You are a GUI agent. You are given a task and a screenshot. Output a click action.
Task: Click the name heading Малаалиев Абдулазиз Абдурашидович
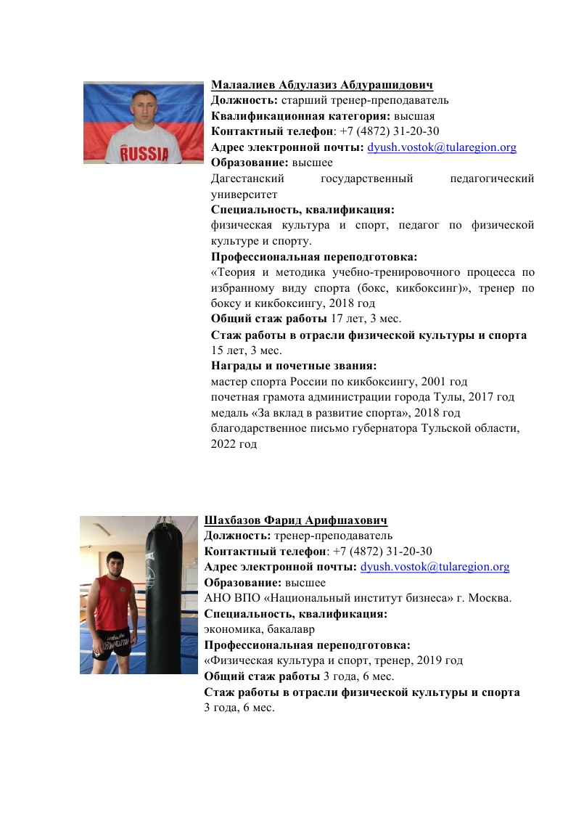(322, 86)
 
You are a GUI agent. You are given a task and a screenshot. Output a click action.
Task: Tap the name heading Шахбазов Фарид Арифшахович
(296, 521)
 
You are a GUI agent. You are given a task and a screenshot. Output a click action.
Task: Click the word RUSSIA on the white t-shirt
(144, 154)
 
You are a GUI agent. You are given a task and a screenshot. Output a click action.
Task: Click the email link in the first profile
(442, 147)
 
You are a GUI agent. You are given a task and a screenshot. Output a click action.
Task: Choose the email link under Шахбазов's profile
(435, 567)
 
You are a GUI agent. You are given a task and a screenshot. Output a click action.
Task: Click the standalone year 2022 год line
(234, 444)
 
